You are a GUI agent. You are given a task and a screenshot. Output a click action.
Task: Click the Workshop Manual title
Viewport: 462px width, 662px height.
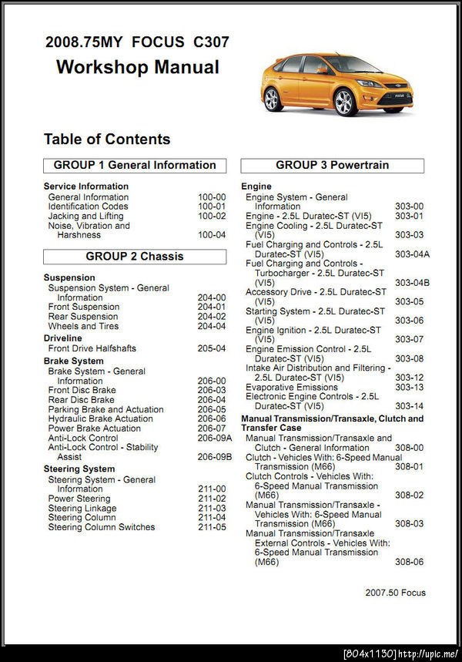coord(138,67)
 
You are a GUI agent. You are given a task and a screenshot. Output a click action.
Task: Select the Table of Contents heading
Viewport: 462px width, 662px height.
coord(107,139)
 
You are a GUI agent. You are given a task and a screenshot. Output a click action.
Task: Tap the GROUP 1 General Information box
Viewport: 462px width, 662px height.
coord(135,165)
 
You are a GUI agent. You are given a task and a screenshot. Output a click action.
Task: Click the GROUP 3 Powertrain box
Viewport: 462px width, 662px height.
coord(332,165)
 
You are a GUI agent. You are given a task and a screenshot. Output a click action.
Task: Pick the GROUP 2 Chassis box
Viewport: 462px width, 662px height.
coord(135,257)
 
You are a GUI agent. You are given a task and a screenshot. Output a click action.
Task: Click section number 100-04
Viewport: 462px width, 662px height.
coord(212,235)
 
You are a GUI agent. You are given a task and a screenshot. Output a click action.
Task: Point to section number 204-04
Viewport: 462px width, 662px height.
coord(212,326)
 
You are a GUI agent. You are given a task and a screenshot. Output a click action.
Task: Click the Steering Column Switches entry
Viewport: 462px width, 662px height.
coord(101,527)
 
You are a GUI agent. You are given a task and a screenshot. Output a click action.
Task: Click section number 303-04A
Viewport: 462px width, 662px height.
coord(412,254)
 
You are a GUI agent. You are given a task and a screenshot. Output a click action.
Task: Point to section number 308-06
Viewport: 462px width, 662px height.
coord(409,562)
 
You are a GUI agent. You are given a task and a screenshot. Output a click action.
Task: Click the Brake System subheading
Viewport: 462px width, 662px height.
coord(73,361)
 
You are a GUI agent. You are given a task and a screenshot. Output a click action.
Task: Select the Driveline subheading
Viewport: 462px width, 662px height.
coord(62,338)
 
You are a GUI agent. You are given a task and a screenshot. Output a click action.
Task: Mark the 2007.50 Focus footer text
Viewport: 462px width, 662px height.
coord(395,593)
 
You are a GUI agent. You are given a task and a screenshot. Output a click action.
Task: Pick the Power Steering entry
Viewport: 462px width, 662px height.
coord(79,499)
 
